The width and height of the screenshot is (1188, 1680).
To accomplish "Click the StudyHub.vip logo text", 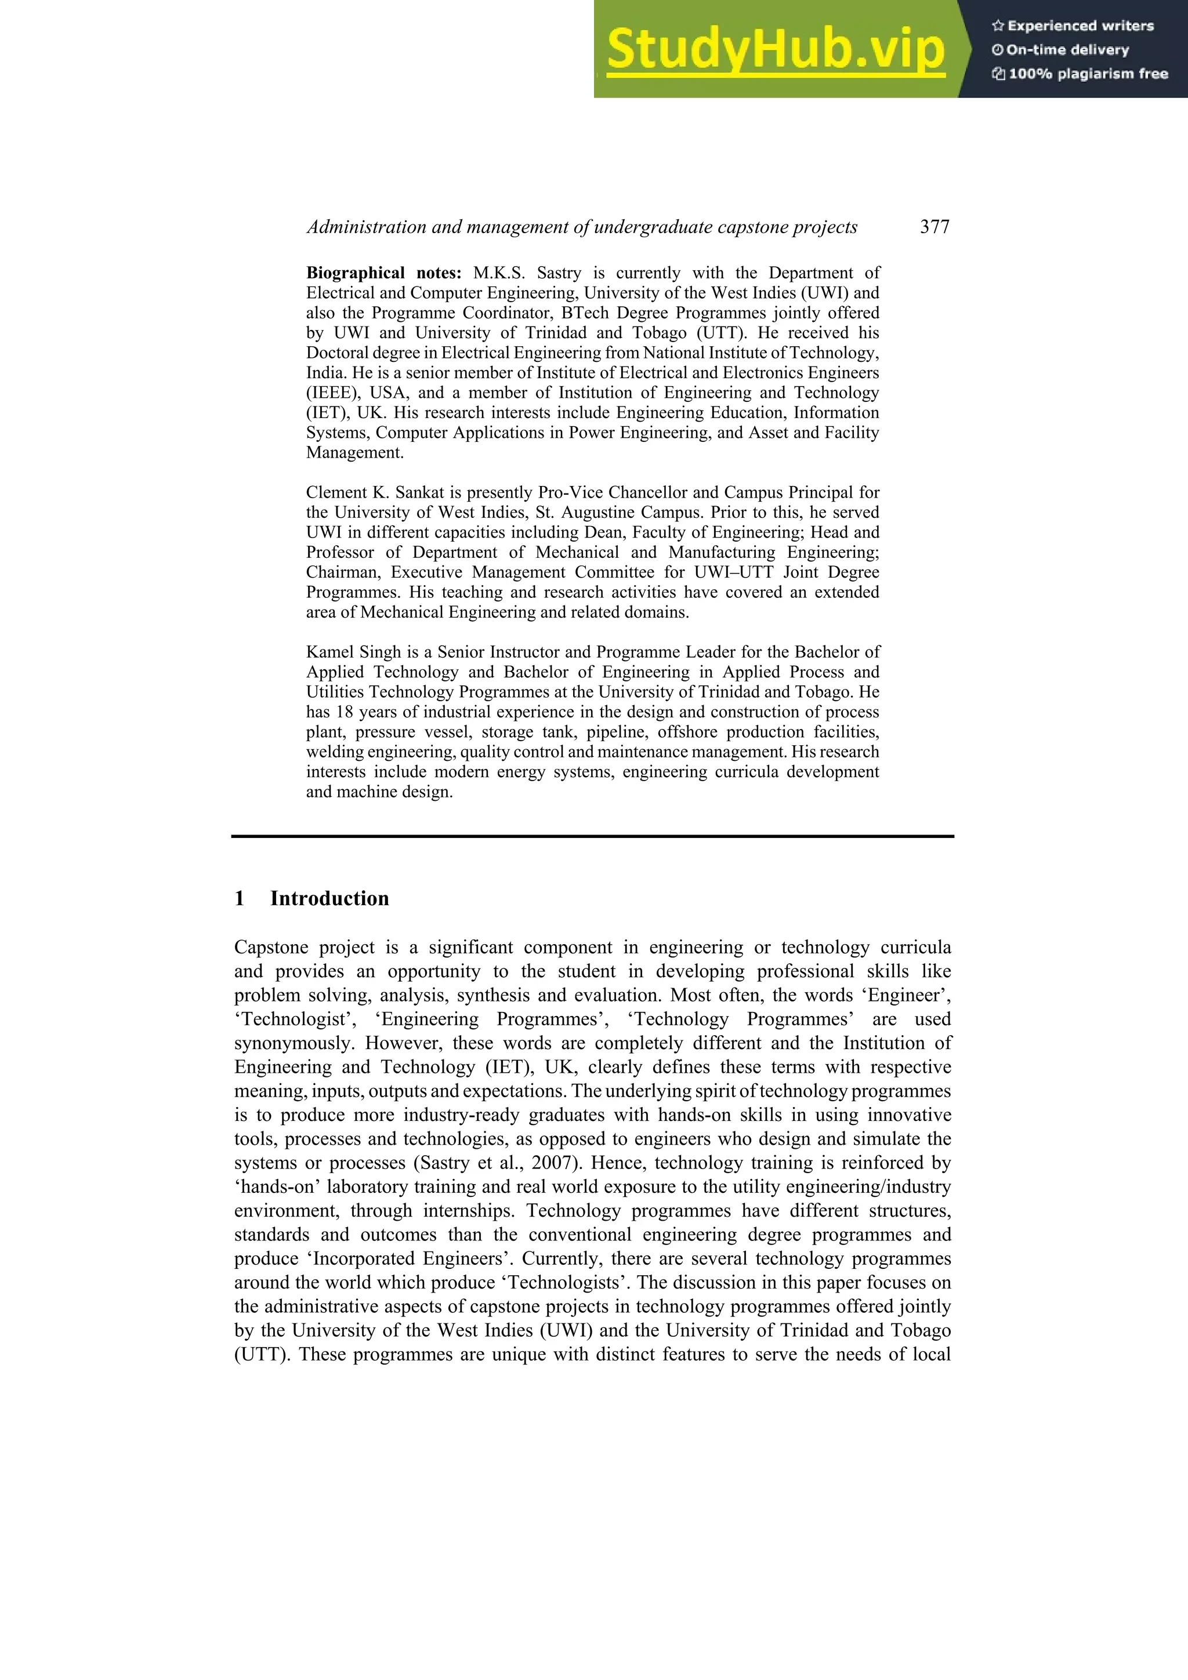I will coord(776,50).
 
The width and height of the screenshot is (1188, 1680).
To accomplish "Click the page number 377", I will coord(935,227).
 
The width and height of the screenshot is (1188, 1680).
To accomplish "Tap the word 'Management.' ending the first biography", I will coord(355,453).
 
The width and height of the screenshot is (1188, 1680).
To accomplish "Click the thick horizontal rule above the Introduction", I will coord(593,836).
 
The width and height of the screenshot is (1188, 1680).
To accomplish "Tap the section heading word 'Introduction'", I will coord(329,898).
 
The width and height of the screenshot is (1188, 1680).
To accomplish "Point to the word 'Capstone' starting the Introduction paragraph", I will coord(270,948).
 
